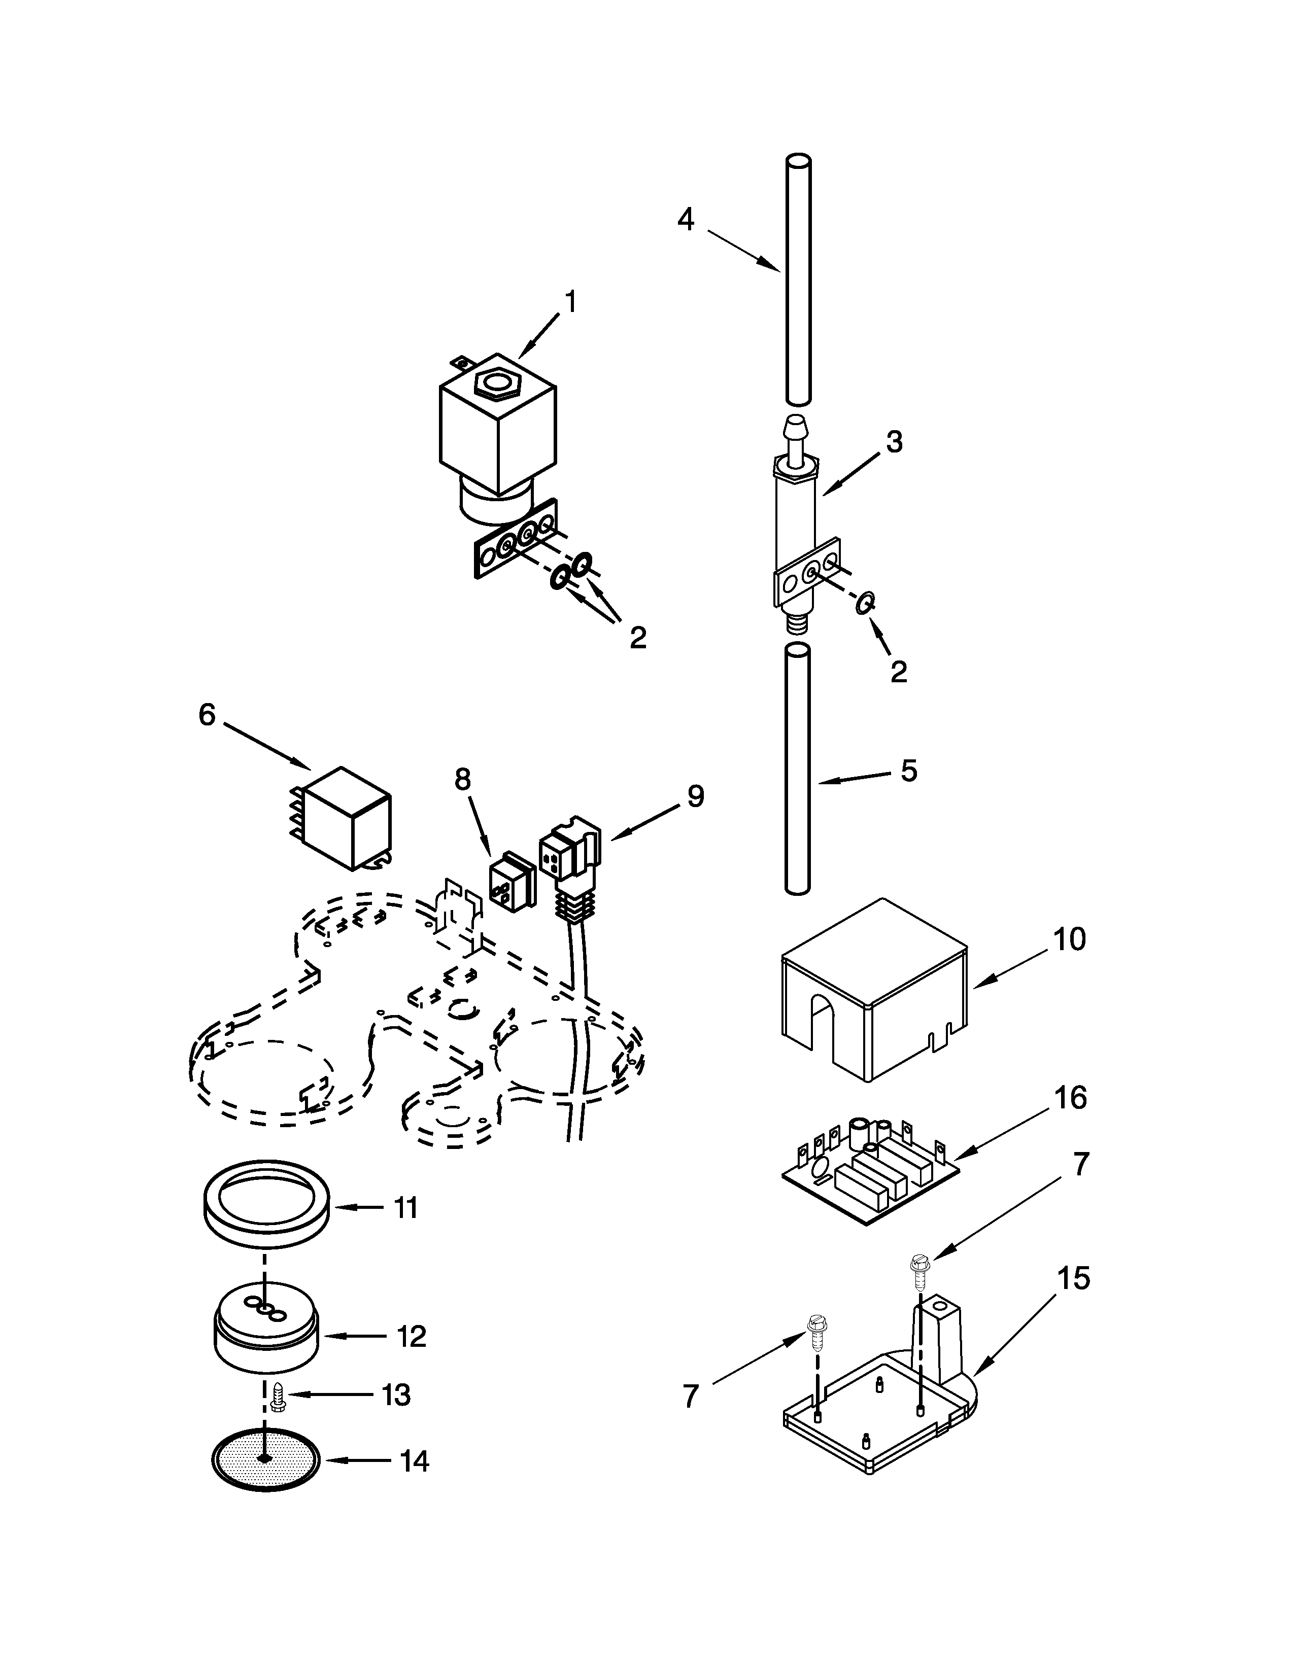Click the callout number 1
tap(569, 302)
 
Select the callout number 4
tap(686, 220)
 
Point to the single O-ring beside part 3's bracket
tap(863, 603)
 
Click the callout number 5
tap(908, 771)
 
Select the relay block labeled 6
tap(347, 819)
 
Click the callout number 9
tap(695, 796)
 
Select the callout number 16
tap(1070, 1098)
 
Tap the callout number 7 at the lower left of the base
tap(691, 1397)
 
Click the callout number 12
tap(411, 1337)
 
